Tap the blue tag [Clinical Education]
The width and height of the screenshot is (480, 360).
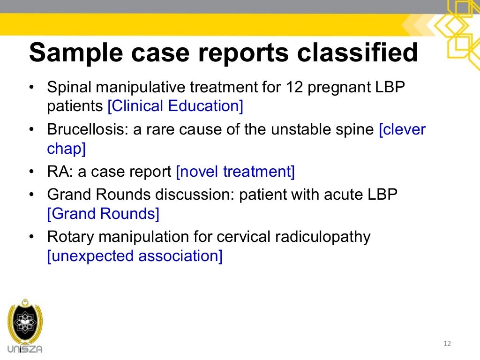tap(175, 106)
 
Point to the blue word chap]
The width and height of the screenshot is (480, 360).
tap(66, 149)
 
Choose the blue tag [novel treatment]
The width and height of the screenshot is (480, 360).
tap(235, 172)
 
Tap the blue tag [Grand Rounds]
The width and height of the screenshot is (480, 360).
tap(103, 214)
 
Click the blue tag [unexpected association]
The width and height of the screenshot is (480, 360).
tap(135, 256)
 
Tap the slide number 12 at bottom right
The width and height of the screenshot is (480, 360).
tap(447, 344)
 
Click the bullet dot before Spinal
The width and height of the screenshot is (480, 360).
tap(31, 88)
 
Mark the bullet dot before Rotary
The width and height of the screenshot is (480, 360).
tap(31, 237)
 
